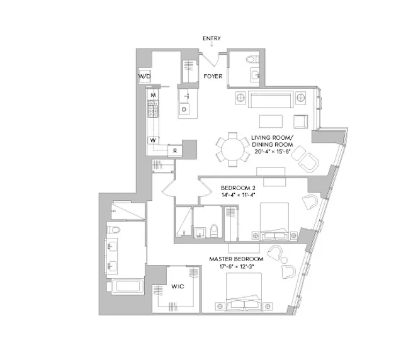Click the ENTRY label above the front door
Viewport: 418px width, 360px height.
[x=212, y=39]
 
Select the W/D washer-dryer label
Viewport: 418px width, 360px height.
[x=144, y=77]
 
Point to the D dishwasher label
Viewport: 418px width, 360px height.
[x=184, y=110]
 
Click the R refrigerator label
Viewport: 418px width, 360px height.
[x=174, y=151]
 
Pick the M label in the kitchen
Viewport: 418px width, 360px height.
[x=153, y=95]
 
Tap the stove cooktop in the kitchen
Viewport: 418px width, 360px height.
[x=153, y=111]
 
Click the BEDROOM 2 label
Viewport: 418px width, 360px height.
[x=238, y=188]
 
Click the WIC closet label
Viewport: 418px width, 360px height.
[x=177, y=287]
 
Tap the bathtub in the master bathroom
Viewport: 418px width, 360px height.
[x=128, y=288]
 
